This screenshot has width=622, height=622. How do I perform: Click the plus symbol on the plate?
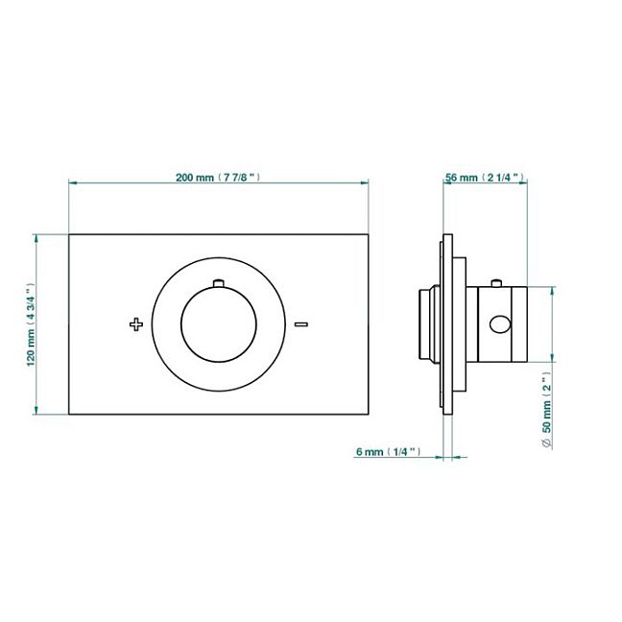tap(136, 324)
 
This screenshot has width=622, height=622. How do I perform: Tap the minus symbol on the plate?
tap(301, 324)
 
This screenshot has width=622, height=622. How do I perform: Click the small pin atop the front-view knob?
tap(219, 283)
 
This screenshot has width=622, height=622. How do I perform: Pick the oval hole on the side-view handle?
tap(500, 324)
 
